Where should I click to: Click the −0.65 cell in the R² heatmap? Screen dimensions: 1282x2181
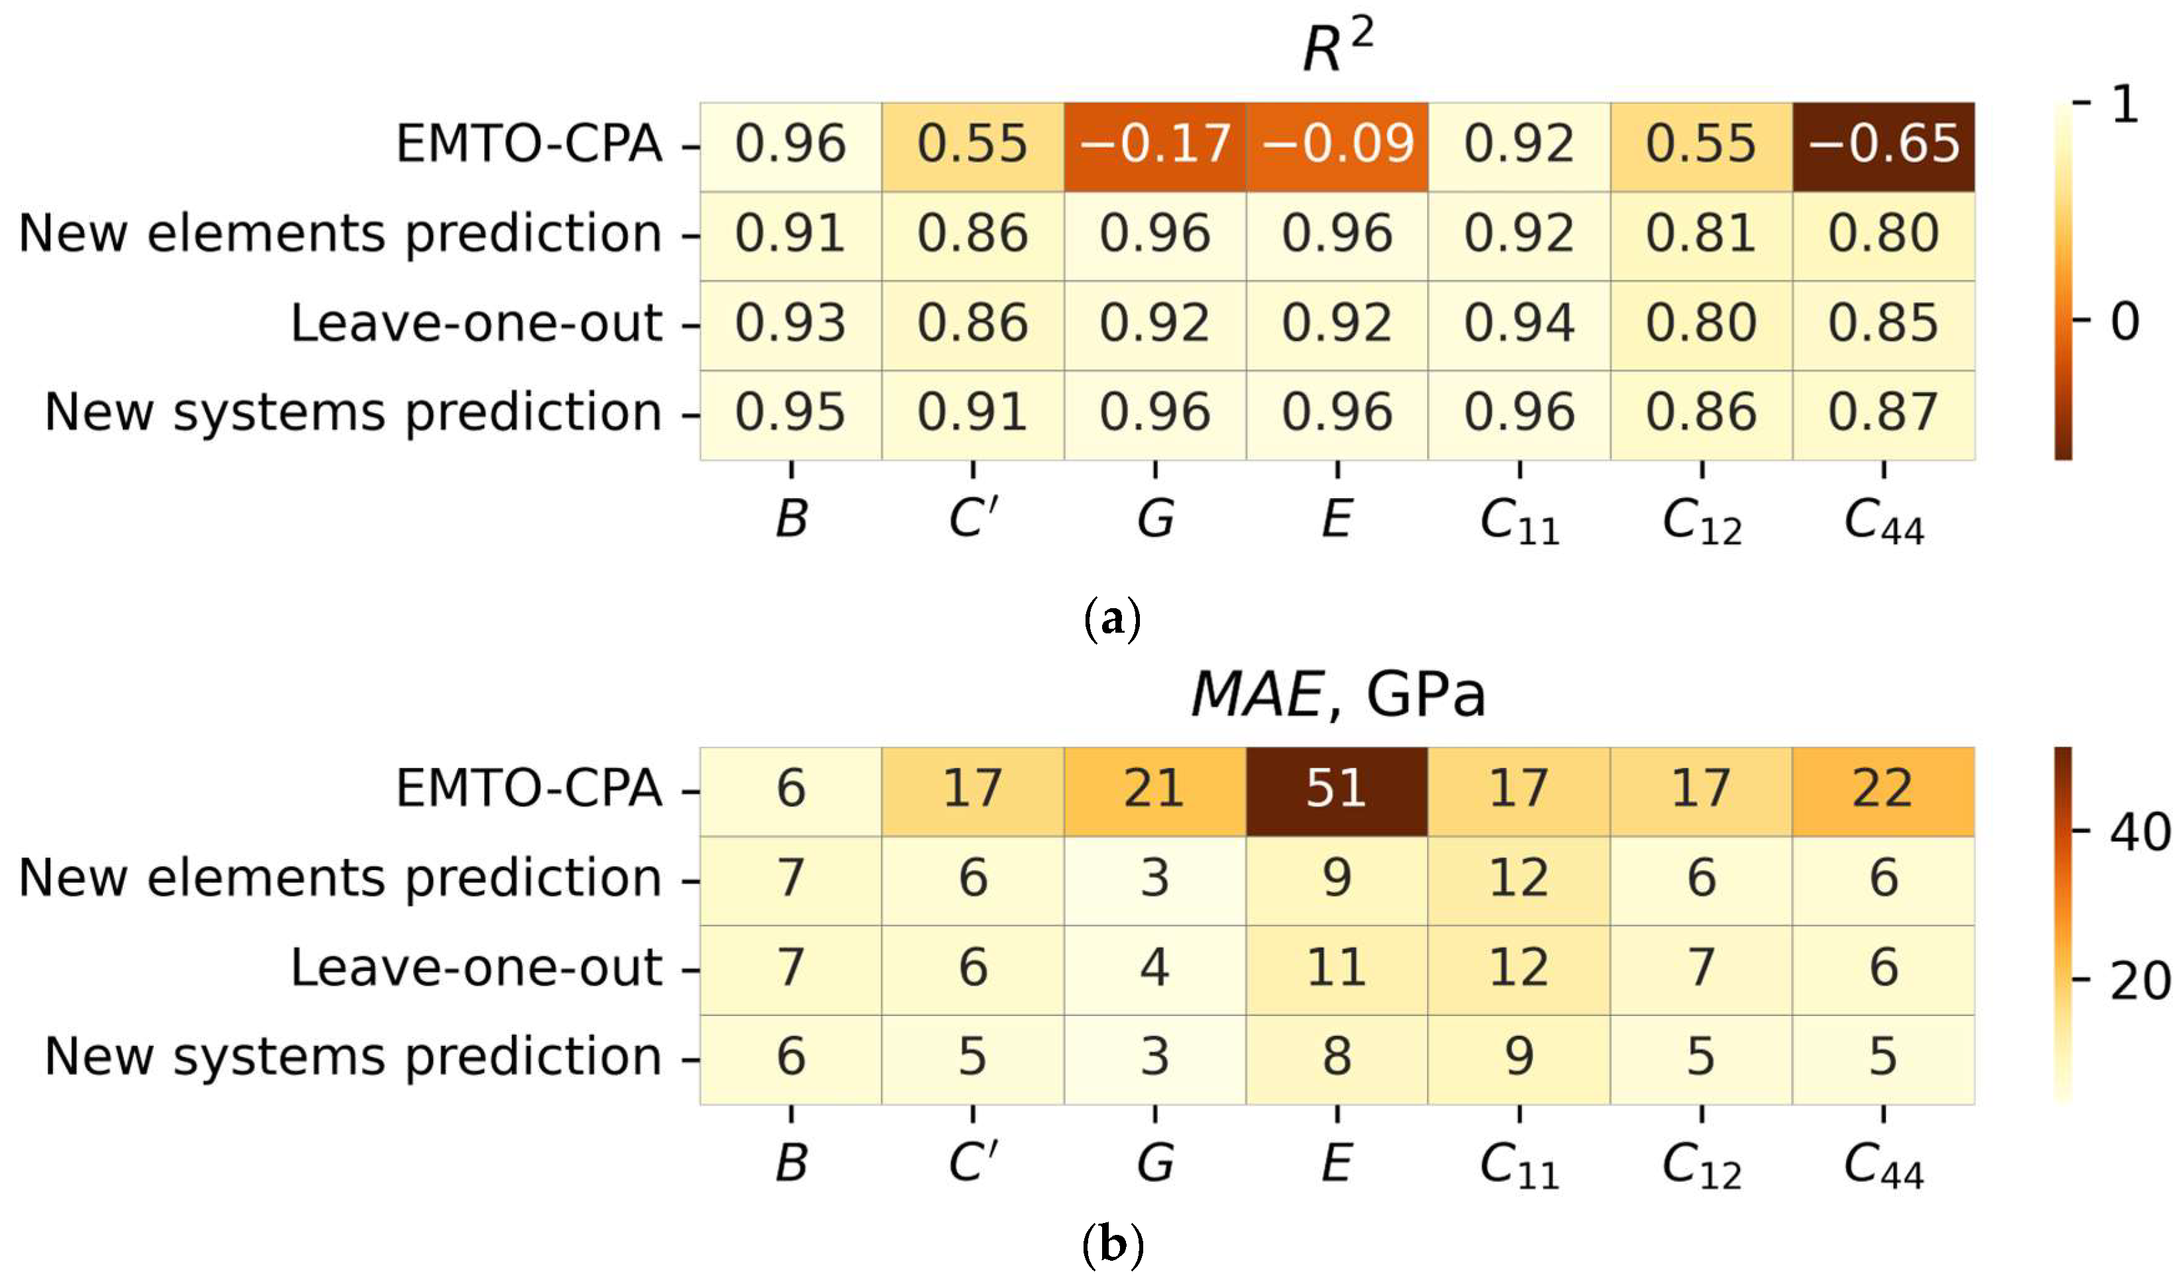[x=1883, y=145]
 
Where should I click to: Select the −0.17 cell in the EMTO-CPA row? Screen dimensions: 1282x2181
[x=1154, y=145]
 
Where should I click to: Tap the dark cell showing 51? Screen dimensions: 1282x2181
[x=1336, y=789]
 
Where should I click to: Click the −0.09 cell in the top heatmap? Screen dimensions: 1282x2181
[x=1337, y=145]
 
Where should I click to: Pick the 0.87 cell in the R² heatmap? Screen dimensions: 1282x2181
[x=1883, y=413]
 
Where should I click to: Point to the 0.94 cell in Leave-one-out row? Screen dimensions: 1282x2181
[x=1519, y=324]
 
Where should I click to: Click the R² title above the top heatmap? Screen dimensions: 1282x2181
[x=1337, y=48]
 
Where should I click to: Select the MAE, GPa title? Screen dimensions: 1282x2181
[x=1337, y=695]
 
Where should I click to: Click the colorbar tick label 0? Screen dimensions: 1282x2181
[x=2125, y=321]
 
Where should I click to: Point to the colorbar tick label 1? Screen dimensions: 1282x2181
[x=2125, y=105]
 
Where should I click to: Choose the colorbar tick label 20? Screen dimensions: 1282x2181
[x=2139, y=982]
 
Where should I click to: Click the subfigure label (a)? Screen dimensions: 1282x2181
[x=1112, y=620]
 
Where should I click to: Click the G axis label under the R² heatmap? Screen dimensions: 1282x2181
[x=1155, y=519]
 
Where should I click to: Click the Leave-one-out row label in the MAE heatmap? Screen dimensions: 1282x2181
[x=476, y=968]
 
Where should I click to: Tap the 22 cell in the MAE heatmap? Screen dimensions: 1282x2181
[x=1883, y=789]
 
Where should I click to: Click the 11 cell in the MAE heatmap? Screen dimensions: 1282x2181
[x=1336, y=968]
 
